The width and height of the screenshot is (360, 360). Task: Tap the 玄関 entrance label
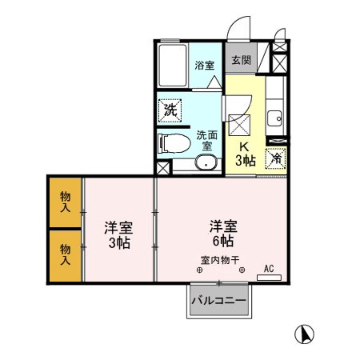[241, 59]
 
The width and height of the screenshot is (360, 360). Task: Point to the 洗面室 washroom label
[206, 140]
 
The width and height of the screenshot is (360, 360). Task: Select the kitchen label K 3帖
[245, 153]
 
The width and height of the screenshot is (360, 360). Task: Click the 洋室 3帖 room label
[118, 234]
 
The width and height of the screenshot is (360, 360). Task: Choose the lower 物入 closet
[65, 254]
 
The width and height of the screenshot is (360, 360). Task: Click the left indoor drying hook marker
[198, 270]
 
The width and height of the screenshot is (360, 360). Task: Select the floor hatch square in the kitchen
[240, 124]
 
